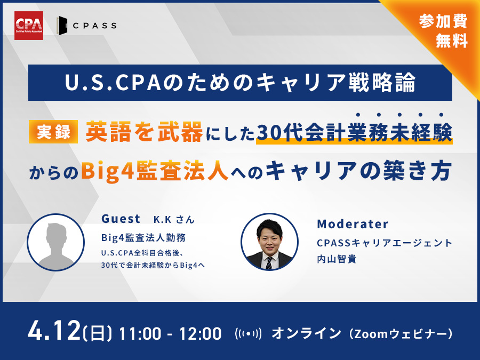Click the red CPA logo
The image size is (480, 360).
point(29,25)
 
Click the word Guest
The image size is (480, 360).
point(121,218)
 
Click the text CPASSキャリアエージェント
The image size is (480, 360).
point(384,243)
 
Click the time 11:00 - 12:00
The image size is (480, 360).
point(170,334)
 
